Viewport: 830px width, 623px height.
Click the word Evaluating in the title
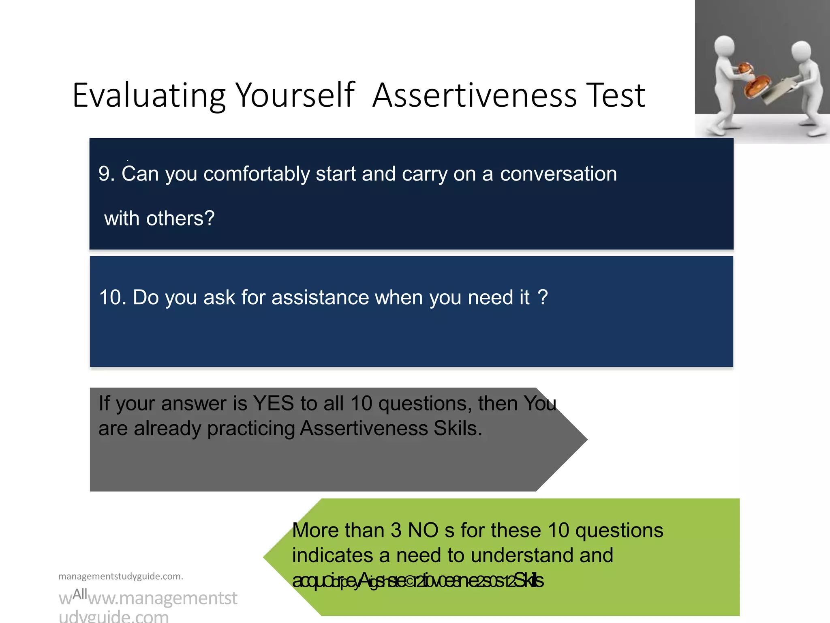(x=148, y=96)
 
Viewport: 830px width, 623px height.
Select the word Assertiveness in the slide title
(x=474, y=96)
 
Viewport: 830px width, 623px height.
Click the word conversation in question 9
(x=558, y=174)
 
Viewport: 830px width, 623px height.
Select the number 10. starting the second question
(x=113, y=297)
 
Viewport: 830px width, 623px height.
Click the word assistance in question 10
(x=320, y=297)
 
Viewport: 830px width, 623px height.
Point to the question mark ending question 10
(x=543, y=297)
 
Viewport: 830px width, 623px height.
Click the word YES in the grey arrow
(x=273, y=404)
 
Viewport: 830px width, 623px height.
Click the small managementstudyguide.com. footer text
(x=121, y=576)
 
